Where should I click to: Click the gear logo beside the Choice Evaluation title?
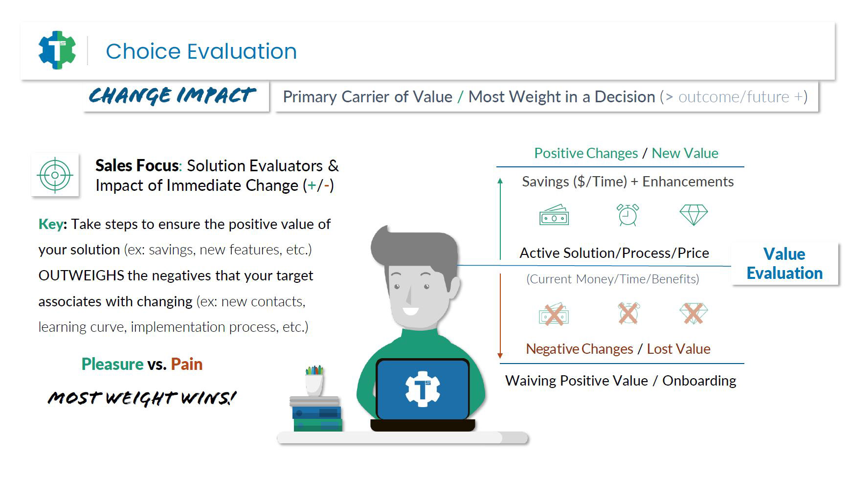(x=57, y=50)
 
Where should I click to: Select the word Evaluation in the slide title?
(x=242, y=51)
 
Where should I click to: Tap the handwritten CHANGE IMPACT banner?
(x=172, y=95)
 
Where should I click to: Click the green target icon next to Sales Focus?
(x=55, y=175)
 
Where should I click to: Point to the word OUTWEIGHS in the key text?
(x=81, y=275)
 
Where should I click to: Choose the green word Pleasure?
(x=112, y=364)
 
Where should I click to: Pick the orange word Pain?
(x=187, y=364)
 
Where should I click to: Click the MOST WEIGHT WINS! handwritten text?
(x=142, y=398)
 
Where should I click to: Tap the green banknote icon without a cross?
(x=554, y=215)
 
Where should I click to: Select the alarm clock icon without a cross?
(x=627, y=215)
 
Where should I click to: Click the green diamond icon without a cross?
(x=693, y=215)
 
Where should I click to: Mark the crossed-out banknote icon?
(x=554, y=314)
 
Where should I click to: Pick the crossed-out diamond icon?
(x=693, y=314)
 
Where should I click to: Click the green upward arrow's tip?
(x=500, y=179)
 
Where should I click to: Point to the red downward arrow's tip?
(x=500, y=358)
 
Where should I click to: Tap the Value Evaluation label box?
(x=784, y=263)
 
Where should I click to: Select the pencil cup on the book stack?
(x=314, y=381)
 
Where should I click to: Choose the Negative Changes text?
(x=580, y=349)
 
